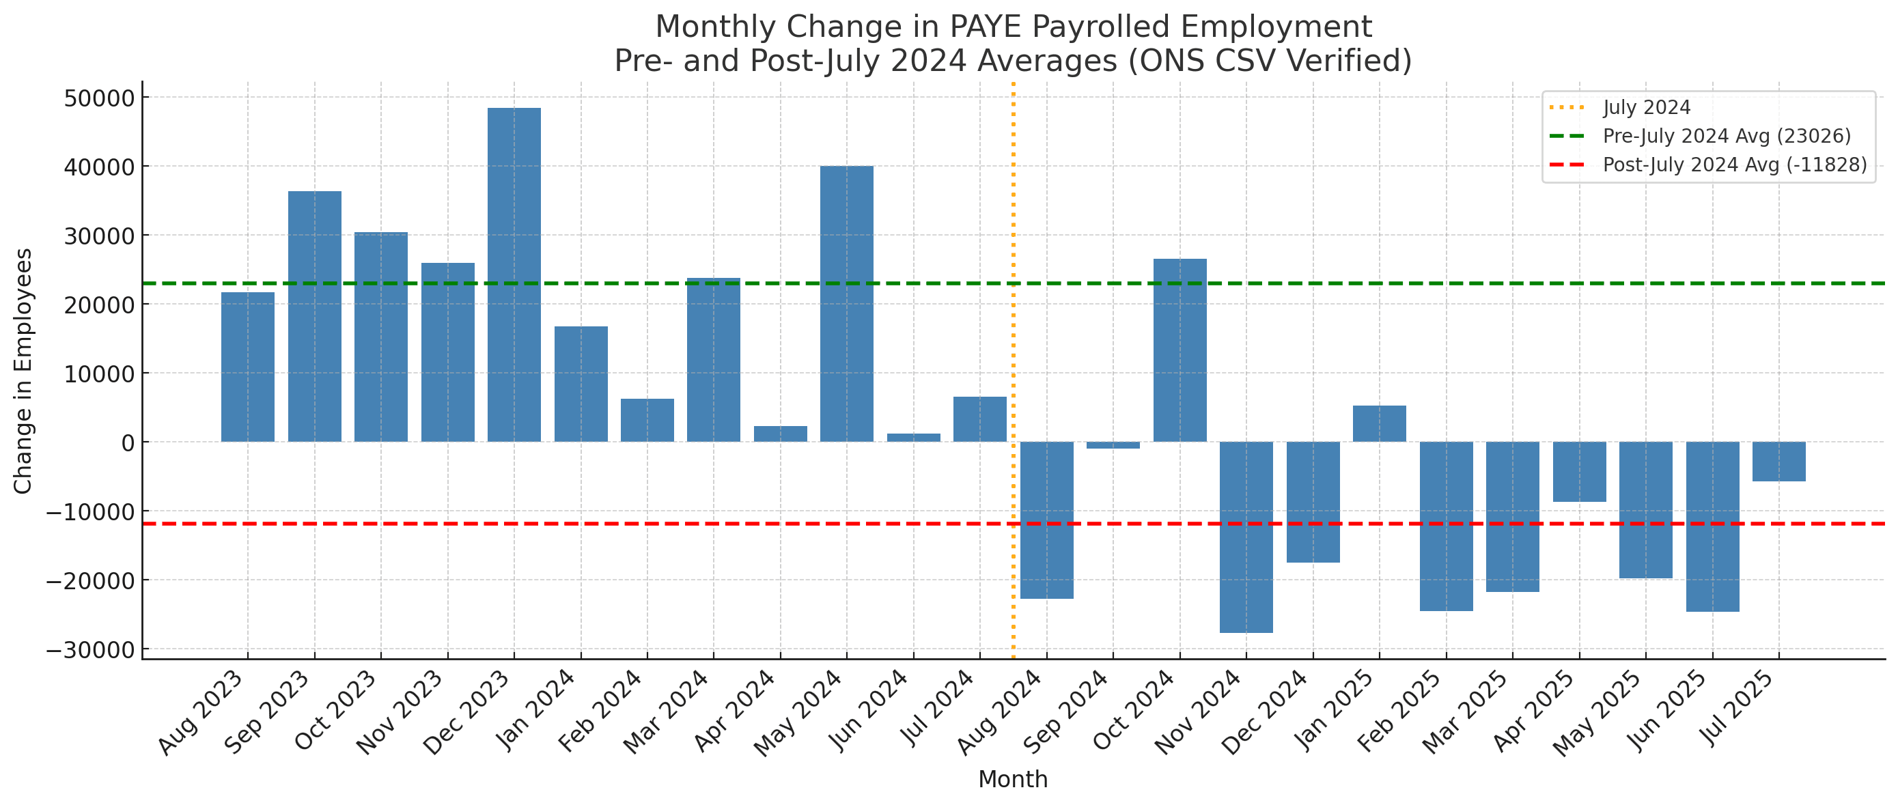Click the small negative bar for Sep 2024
coord(1113,445)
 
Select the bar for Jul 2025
coord(1778,461)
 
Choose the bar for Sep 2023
coord(315,316)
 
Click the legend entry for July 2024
coord(1646,107)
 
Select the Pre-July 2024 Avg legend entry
coord(1727,137)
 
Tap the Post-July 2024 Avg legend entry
coord(1735,165)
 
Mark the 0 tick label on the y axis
coord(128,442)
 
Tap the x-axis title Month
coord(1012,779)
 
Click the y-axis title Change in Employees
coord(23,371)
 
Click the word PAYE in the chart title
coord(985,27)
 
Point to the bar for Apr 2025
coord(1579,471)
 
